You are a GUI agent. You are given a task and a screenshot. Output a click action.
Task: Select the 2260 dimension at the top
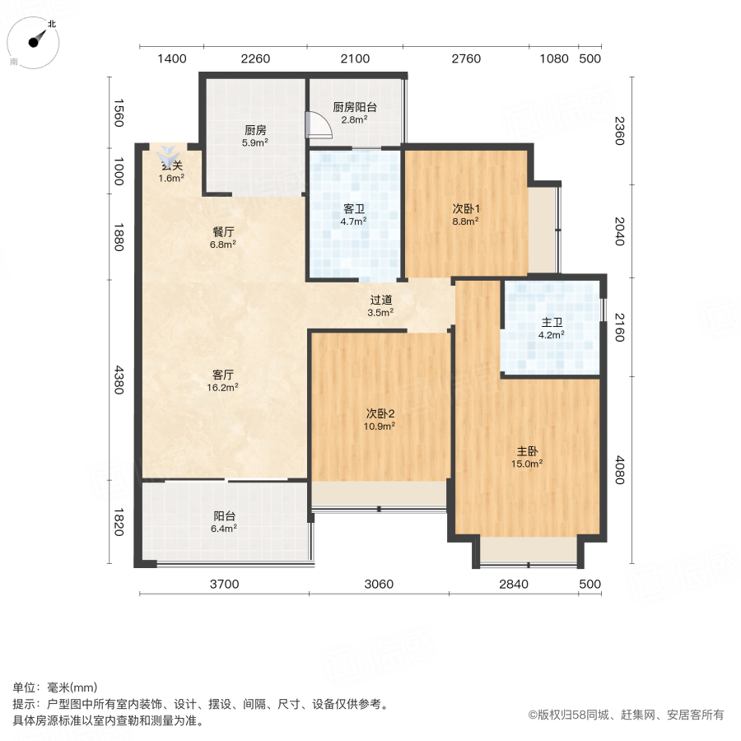tap(255, 58)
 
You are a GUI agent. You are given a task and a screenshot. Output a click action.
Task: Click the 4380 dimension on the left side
tap(118, 380)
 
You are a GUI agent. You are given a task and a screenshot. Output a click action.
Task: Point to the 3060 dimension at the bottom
tap(379, 585)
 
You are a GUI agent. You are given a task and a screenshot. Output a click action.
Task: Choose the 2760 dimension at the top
tap(466, 58)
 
